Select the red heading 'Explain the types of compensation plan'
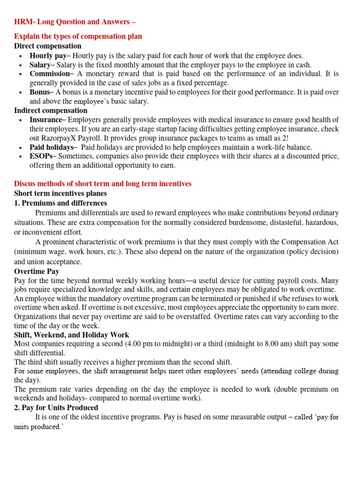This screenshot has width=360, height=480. [x=78, y=36]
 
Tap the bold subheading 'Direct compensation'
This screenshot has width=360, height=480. [x=47, y=46]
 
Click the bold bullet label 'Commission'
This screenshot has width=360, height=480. [x=49, y=74]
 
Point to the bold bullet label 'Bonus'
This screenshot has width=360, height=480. [x=39, y=92]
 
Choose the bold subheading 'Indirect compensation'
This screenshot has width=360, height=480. [x=51, y=111]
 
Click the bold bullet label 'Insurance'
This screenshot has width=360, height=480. [x=45, y=120]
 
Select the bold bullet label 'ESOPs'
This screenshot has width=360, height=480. [x=41, y=156]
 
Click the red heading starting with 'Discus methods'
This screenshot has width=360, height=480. [x=103, y=184]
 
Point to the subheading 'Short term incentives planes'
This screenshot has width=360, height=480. [x=60, y=194]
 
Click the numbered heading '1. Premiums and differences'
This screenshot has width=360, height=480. [x=60, y=203]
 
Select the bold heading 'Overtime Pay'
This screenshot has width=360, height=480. [x=37, y=271]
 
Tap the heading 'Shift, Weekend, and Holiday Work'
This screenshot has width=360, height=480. [x=71, y=335]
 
